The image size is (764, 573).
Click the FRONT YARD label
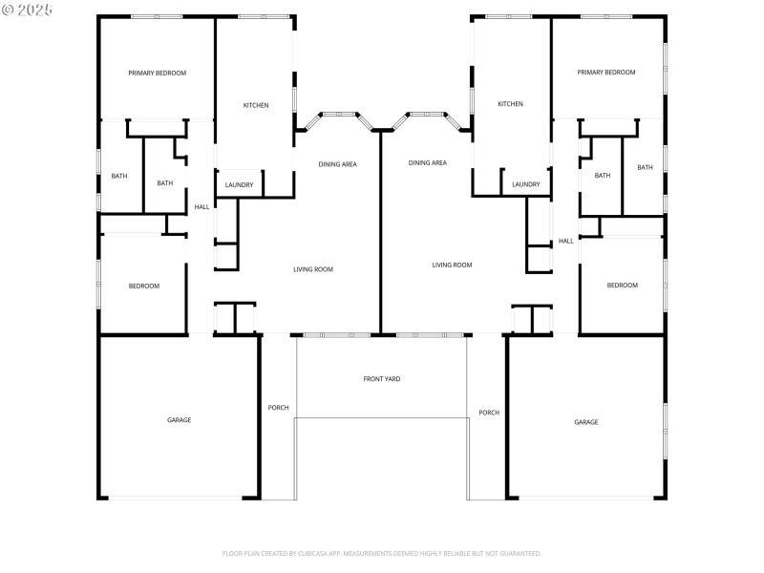coord(382,379)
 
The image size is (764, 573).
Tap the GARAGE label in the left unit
coord(179,419)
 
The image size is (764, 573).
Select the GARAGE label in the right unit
coord(585,421)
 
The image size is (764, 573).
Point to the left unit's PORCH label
coord(278,408)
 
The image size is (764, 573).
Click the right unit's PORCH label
coord(489,413)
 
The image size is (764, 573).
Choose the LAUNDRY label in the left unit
coord(239,184)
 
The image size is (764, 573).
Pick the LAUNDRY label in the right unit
coord(525,184)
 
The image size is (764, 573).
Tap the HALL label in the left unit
coord(202,206)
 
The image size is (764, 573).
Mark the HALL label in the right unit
coord(566,241)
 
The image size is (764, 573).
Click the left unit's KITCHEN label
coord(255,105)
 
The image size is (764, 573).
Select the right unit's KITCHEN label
coord(510,104)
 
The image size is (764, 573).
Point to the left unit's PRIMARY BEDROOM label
coord(158,73)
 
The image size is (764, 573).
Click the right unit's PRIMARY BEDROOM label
coord(606,73)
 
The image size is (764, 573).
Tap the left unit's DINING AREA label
coord(337,164)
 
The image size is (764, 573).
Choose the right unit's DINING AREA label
coord(427,162)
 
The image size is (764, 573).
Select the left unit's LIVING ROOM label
coord(313,269)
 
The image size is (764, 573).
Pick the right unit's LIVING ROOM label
coord(452,265)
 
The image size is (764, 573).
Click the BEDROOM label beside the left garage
coord(144,286)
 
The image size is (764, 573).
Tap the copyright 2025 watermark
coord(28,9)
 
